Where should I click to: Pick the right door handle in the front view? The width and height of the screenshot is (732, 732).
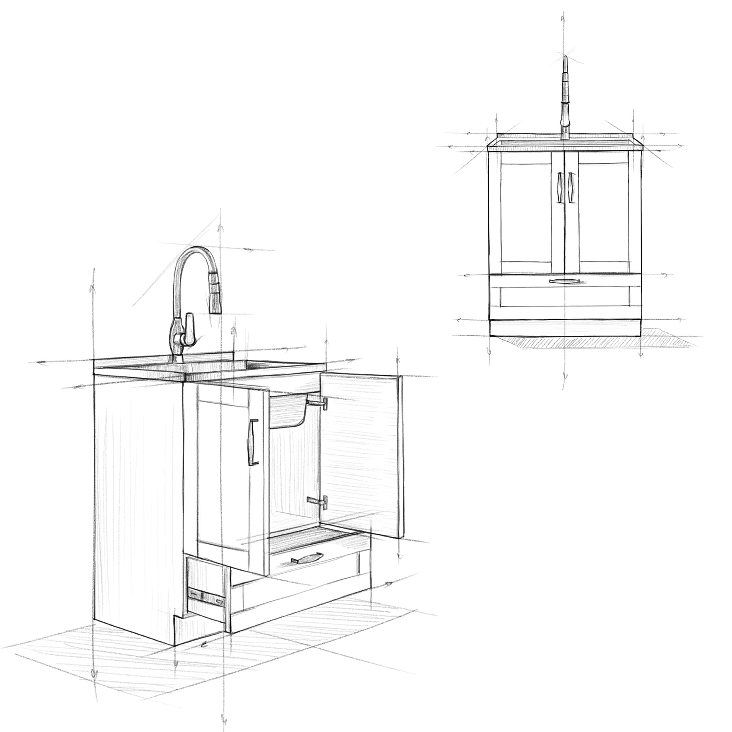tap(571, 187)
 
